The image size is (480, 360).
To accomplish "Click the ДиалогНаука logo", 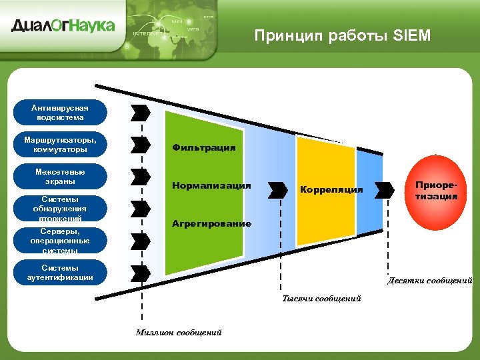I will tap(63, 26).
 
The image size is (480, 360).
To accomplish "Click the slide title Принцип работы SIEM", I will tap(343, 35).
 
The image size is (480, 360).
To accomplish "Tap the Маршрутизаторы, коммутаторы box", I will tap(61, 145).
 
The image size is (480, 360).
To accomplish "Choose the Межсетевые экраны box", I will tap(61, 177).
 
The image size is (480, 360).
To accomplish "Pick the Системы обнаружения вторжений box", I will tap(61, 209).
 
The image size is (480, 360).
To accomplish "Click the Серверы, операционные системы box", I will tap(61, 241).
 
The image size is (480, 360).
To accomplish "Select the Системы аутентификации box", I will tap(61, 273).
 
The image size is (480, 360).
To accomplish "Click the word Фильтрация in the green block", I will tap(204, 147).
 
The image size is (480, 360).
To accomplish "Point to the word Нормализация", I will tap(211, 185).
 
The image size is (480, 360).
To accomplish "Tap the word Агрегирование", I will tap(211, 223).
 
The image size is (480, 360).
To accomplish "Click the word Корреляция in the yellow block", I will tap(331, 190).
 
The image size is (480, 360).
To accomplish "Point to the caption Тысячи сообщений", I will tap(321, 299).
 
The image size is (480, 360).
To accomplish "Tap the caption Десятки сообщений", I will tap(429, 281).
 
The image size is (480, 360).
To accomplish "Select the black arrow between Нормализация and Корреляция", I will tap(277, 190).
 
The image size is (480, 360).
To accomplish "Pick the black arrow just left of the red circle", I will tap(385, 190).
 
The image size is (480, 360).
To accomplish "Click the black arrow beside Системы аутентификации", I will tap(141, 272).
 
